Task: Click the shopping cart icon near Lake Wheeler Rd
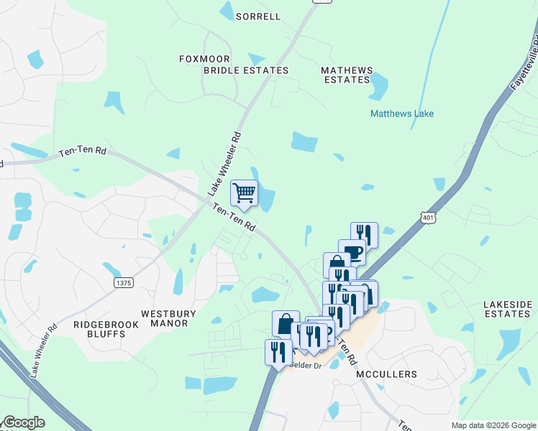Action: (x=244, y=193)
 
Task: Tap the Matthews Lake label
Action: (x=401, y=113)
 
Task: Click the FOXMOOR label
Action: (x=206, y=59)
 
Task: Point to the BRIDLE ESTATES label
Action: (x=245, y=70)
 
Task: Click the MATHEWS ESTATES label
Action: (x=347, y=75)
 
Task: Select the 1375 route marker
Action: (x=123, y=283)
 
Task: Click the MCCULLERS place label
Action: (x=386, y=375)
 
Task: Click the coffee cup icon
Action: (x=352, y=251)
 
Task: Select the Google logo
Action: (x=23, y=423)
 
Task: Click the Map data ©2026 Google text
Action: (x=493, y=426)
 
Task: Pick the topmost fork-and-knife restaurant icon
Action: (x=364, y=233)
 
